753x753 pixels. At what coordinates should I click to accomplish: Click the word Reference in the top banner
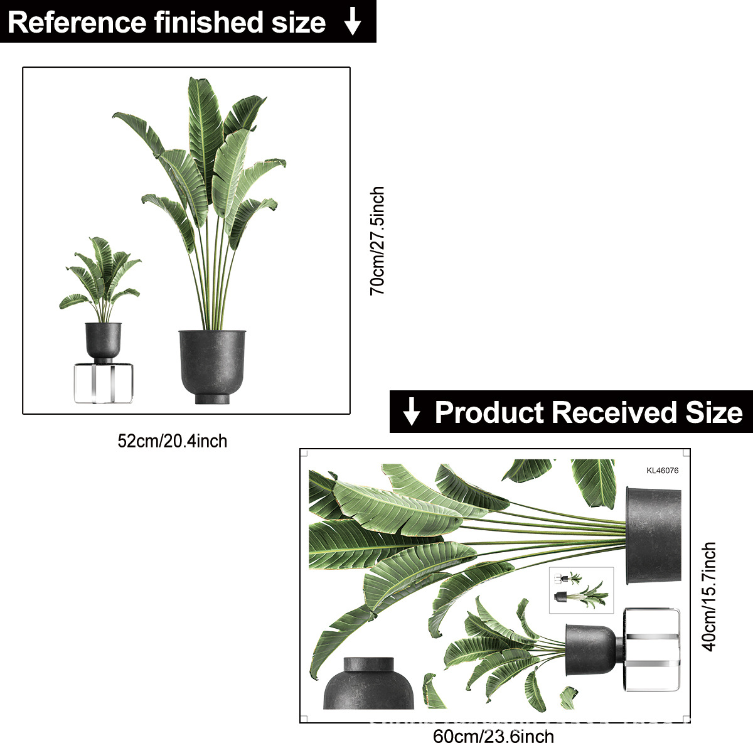pyautogui.click(x=77, y=23)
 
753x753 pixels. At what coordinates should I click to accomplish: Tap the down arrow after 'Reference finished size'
pyautogui.click(x=353, y=21)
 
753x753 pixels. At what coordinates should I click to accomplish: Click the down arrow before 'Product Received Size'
pyautogui.click(x=411, y=411)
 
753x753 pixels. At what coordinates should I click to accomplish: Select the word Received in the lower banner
pyautogui.click(x=615, y=412)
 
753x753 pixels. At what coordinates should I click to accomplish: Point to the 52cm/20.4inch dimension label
pyautogui.click(x=173, y=441)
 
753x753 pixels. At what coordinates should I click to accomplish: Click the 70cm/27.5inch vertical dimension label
pyautogui.click(x=378, y=241)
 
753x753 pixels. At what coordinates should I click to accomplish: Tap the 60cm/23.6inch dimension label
pyautogui.click(x=493, y=737)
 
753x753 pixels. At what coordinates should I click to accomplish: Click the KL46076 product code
pyautogui.click(x=663, y=471)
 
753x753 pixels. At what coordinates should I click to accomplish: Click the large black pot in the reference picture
pyautogui.click(x=212, y=367)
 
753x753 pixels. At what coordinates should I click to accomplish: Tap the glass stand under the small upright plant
pyautogui.click(x=104, y=383)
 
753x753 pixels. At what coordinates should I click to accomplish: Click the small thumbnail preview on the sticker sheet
pyautogui.click(x=582, y=590)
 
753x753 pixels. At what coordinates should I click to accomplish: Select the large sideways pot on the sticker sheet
pyautogui.click(x=654, y=536)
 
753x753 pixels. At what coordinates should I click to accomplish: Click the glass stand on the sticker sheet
pyautogui.click(x=652, y=650)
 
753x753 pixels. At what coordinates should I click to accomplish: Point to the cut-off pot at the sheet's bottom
pyautogui.click(x=368, y=683)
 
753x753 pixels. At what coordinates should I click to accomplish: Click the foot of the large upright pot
pyautogui.click(x=212, y=399)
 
